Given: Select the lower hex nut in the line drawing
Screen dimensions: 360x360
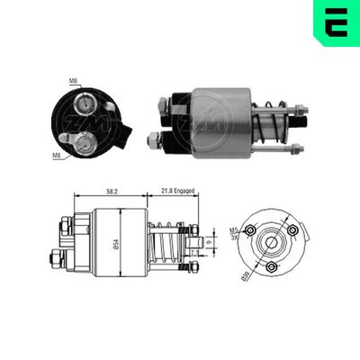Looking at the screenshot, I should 58,260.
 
